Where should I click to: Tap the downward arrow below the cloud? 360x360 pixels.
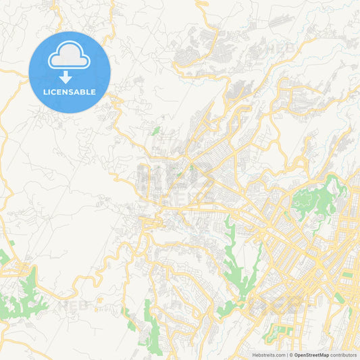coord(66,78)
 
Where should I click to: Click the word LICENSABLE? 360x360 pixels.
coord(70,91)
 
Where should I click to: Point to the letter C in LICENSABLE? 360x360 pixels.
coord(56,91)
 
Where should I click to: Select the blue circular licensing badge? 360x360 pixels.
coord(70,72)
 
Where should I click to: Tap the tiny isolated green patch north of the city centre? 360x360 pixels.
coord(156,130)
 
